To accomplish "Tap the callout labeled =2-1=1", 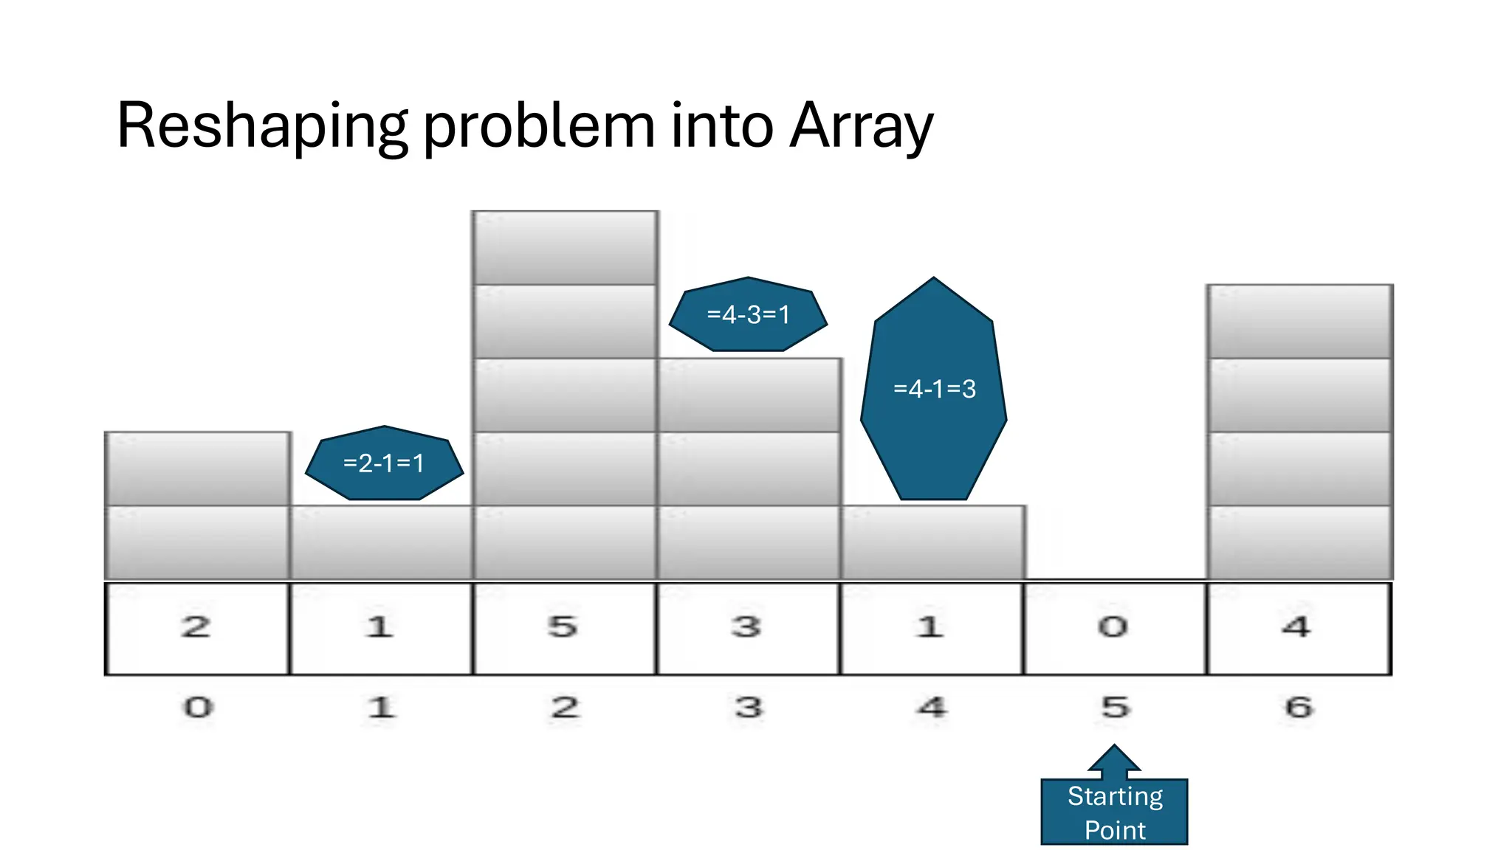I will click(384, 463).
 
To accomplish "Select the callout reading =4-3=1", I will click(748, 315).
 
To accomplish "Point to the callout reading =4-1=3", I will click(934, 389).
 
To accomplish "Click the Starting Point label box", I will click(1114, 812).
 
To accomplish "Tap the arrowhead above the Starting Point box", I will click(1114, 759).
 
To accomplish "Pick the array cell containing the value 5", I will click(564, 628).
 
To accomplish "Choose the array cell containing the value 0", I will click(1115, 628).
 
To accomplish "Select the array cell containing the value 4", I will click(1299, 628).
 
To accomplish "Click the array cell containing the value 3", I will click(748, 628).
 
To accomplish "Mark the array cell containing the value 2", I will click(197, 628).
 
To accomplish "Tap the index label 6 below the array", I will click(1299, 708).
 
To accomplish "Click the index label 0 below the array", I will click(198, 708).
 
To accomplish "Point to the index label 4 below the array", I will click(932, 708).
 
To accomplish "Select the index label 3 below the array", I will click(749, 708).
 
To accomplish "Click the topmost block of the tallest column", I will click(565, 248).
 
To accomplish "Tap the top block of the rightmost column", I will click(1299, 322).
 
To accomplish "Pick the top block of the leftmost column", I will click(197, 469).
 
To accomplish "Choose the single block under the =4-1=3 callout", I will click(933, 542).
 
